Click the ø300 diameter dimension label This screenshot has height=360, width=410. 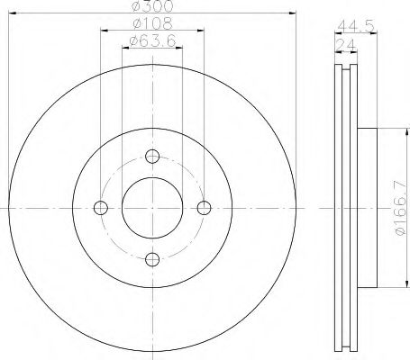[x=150, y=7]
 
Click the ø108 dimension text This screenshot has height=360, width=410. [x=150, y=24]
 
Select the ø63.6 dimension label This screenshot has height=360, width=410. [x=150, y=41]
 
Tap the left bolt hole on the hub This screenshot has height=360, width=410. [x=100, y=207]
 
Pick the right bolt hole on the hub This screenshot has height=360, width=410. [x=205, y=207]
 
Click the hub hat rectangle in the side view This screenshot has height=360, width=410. [x=369, y=207]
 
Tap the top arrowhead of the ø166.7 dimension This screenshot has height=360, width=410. [x=388, y=131]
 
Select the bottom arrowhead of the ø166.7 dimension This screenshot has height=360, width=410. [x=388, y=284]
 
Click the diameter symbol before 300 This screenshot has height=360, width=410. [x=133, y=7]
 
